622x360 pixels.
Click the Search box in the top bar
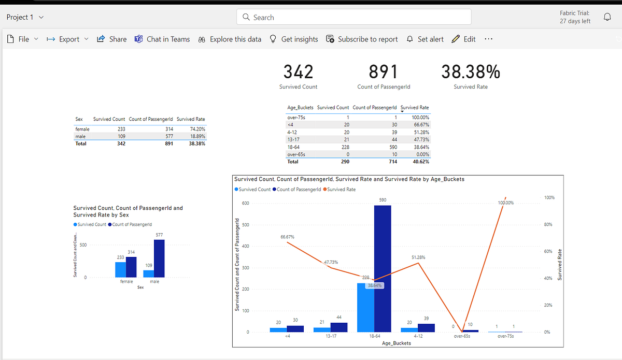(354, 17)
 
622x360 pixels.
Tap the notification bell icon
(607, 17)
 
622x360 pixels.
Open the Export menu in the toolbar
(67, 39)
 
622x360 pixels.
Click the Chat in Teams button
(162, 39)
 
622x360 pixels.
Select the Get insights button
(294, 39)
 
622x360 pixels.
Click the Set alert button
(425, 39)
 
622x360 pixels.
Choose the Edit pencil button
(463, 39)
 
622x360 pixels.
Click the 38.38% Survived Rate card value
(470, 72)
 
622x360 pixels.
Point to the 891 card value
(383, 72)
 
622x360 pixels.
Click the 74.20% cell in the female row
(197, 128)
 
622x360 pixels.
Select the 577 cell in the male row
(168, 136)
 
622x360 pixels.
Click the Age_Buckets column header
(300, 108)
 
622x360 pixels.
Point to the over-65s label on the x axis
(462, 336)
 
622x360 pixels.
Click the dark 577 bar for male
(159, 258)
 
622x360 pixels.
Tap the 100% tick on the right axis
(549, 198)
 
